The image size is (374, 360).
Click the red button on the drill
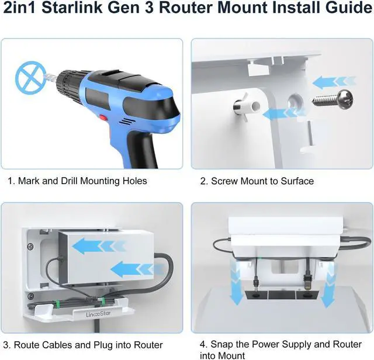tap(103, 120)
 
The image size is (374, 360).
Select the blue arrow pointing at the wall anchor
tap(277, 112)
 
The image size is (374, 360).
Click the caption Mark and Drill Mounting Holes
tap(77, 181)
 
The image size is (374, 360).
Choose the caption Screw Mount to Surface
tap(257, 181)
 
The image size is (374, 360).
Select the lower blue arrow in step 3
tap(134, 269)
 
